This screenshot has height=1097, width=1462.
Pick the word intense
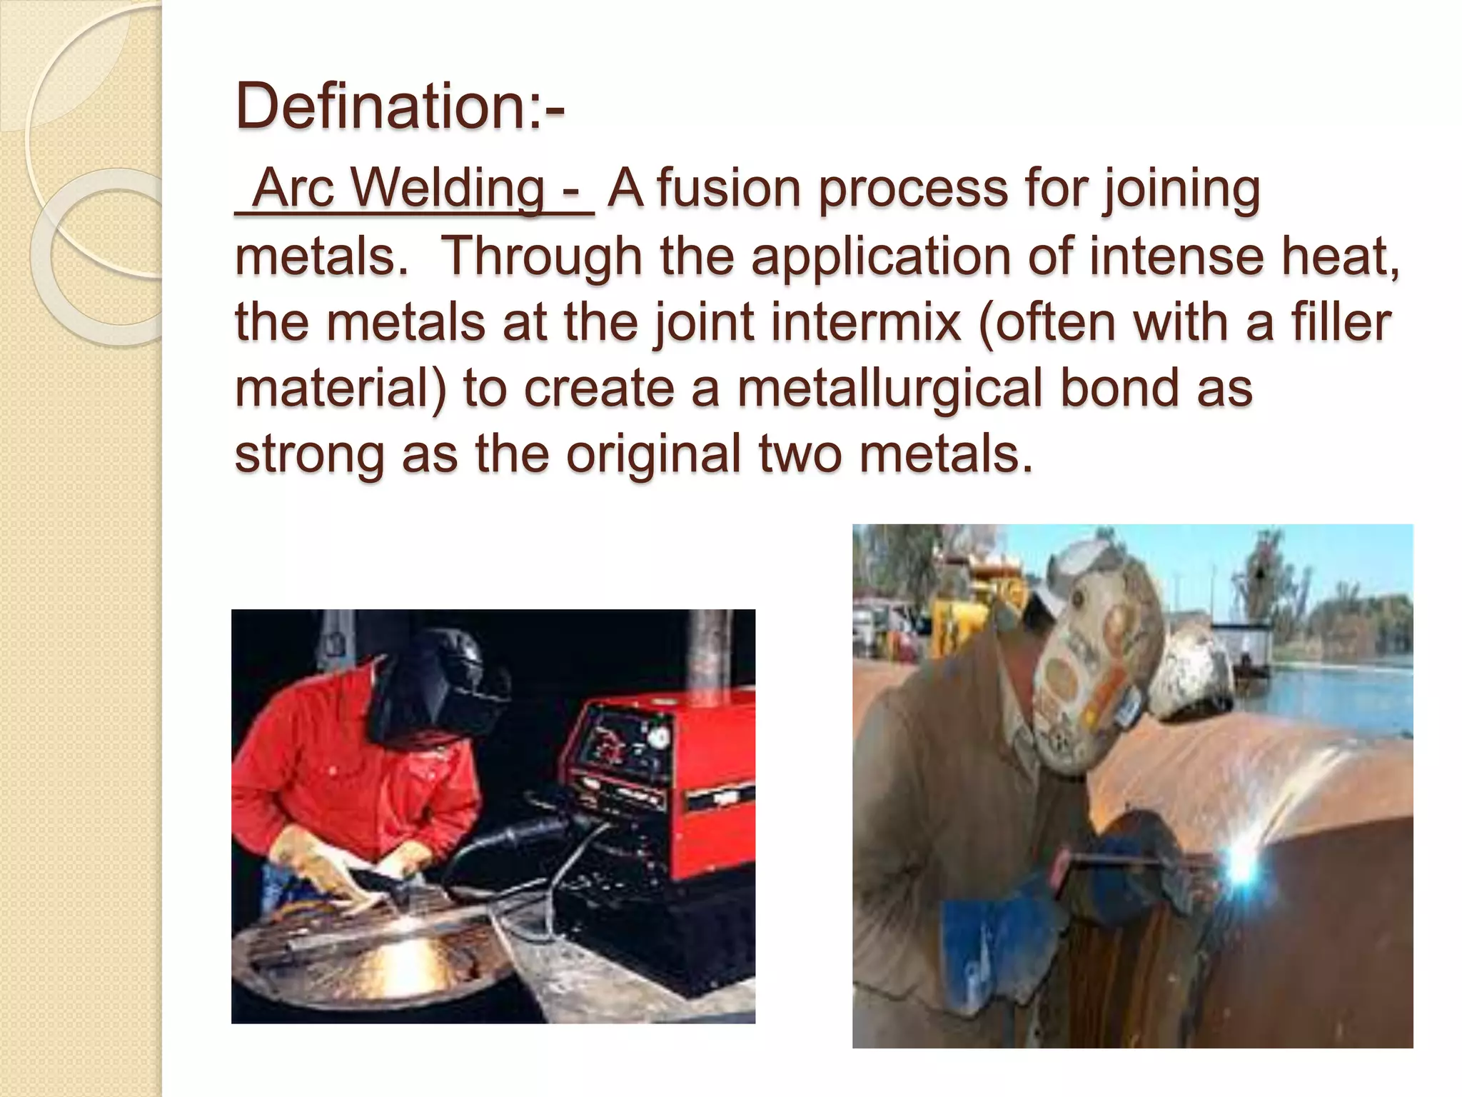coord(1175,255)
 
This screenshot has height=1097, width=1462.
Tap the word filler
coord(1342,321)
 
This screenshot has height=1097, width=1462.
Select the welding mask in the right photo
coord(1092,664)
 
